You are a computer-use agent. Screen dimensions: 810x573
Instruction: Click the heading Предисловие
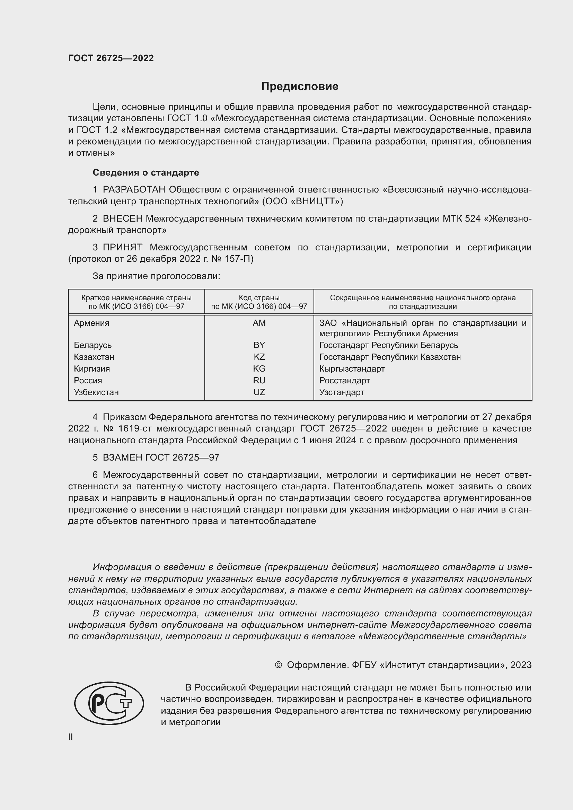click(300, 87)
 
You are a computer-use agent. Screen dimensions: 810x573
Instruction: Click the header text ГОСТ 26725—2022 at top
click(111, 58)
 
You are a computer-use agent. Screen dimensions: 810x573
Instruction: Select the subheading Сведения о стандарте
click(146, 172)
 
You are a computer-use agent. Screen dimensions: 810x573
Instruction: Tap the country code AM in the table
click(259, 323)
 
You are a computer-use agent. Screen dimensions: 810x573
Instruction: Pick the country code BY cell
click(259, 345)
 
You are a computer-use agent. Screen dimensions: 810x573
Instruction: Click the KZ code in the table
click(259, 357)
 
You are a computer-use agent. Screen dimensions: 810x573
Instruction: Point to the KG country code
click(259, 369)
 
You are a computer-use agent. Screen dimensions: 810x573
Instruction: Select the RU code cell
click(259, 380)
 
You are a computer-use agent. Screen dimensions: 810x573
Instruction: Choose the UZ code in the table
click(259, 392)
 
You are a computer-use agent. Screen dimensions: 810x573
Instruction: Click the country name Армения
click(91, 323)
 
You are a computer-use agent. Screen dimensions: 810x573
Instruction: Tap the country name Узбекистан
click(96, 392)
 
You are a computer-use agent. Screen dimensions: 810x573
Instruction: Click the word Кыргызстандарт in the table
click(352, 369)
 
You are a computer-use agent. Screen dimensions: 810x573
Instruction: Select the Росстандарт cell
click(344, 380)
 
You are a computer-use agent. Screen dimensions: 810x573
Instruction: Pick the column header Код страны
click(259, 298)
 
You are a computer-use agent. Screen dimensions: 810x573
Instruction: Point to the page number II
click(71, 737)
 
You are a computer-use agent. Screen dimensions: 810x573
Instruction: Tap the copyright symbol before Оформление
click(278, 665)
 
